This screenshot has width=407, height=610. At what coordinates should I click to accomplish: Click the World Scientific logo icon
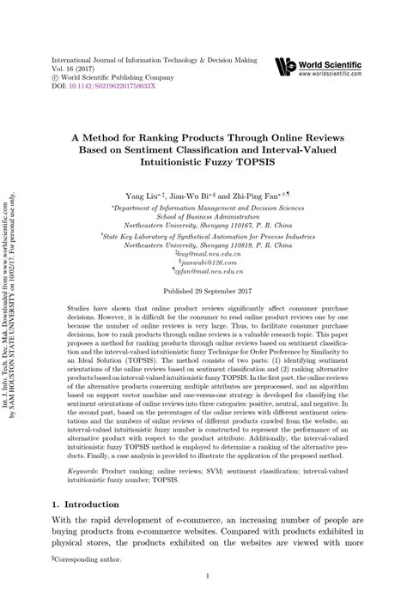point(284,65)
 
